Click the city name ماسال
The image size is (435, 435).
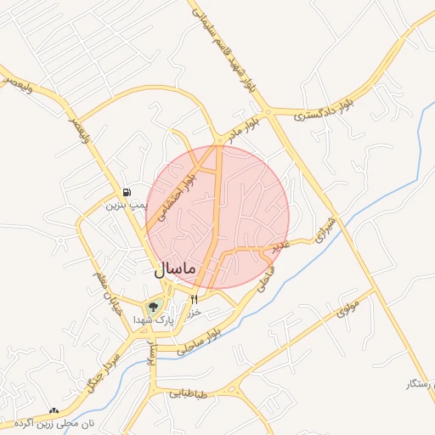[x=176, y=269]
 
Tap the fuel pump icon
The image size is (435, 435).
[x=127, y=192]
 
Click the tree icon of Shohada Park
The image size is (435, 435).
[x=154, y=306]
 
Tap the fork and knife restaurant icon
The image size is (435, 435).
[x=195, y=298]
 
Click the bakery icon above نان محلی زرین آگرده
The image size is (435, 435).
[x=54, y=411]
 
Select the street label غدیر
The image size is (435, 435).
[x=280, y=245]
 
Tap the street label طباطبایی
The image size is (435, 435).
[x=188, y=393]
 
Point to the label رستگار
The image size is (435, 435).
[x=421, y=385]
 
